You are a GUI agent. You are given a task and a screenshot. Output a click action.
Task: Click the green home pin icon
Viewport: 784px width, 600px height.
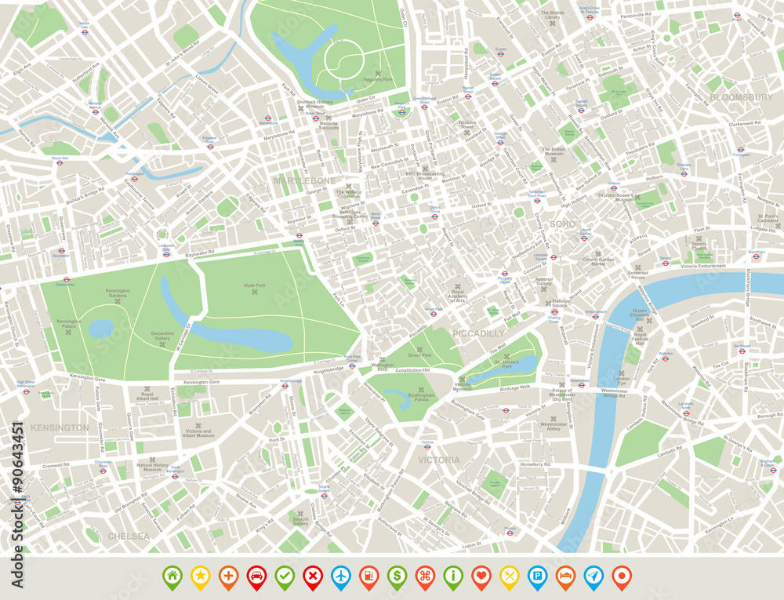172,576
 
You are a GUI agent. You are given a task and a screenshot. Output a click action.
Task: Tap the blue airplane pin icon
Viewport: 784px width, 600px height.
340,576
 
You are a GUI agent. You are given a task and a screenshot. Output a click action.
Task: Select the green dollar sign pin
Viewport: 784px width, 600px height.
397,576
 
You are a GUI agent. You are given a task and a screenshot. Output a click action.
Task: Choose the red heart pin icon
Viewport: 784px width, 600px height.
481,576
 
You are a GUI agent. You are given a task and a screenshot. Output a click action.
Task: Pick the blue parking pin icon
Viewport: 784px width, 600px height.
537,576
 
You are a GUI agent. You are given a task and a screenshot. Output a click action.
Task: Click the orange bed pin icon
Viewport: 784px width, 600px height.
565,576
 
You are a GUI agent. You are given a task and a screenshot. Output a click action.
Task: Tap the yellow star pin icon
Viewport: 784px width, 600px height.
200,576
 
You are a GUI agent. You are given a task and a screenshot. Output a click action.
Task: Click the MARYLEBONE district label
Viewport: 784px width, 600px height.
304,180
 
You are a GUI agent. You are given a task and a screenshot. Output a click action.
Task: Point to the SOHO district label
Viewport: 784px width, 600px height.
562,224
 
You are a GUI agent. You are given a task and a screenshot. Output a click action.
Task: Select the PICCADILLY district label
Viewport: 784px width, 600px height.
478,333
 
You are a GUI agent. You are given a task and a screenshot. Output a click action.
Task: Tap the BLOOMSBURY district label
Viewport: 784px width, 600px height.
741,97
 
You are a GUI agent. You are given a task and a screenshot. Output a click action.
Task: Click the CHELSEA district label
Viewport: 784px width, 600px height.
128,536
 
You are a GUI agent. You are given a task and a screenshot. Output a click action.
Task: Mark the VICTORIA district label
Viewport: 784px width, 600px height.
439,460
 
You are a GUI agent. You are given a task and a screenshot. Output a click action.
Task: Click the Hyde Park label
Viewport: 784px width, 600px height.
255,286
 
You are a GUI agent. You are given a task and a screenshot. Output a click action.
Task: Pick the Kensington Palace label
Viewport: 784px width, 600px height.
68,322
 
